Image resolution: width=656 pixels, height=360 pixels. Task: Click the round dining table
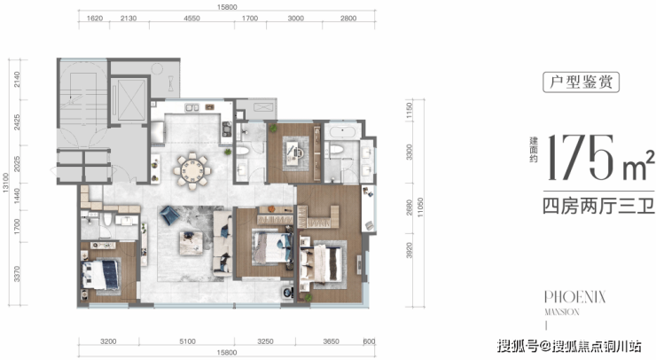pos(192,171)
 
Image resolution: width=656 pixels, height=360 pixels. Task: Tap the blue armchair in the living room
pos(169,215)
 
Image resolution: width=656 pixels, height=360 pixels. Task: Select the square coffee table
pos(191,243)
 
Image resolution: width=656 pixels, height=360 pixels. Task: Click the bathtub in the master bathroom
pos(343,132)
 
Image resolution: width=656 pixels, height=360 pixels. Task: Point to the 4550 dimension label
pos(191,19)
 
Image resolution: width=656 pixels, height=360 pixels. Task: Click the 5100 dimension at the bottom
pos(187,341)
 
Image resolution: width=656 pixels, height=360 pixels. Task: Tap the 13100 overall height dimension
pos(5,183)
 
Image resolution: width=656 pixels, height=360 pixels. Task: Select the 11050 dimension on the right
pos(420,207)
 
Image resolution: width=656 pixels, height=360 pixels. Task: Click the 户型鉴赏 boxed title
pos(581,82)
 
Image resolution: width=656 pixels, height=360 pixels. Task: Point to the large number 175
pos(581,158)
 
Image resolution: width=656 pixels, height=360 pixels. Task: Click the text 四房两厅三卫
pos(599,207)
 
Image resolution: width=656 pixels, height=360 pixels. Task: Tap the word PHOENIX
pos(574,297)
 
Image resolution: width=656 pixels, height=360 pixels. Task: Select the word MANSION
pos(562,312)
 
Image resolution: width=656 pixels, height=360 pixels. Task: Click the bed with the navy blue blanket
pos(102,275)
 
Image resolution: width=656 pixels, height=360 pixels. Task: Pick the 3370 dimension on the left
pos(17,274)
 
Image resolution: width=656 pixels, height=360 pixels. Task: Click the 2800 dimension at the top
pos(348,19)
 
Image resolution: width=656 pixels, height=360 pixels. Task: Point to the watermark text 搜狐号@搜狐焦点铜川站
pos(569,346)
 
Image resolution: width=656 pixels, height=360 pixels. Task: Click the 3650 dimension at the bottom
pos(331,341)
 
